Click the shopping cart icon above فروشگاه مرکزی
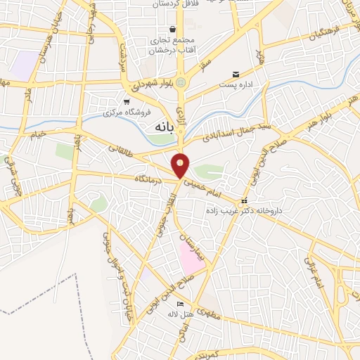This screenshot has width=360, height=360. click(127, 101)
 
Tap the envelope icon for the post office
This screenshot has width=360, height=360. click(236, 74)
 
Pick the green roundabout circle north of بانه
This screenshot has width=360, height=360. click(182, 82)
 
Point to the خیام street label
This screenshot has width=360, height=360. click(37, 134)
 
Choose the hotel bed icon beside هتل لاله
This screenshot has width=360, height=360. click(181, 304)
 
